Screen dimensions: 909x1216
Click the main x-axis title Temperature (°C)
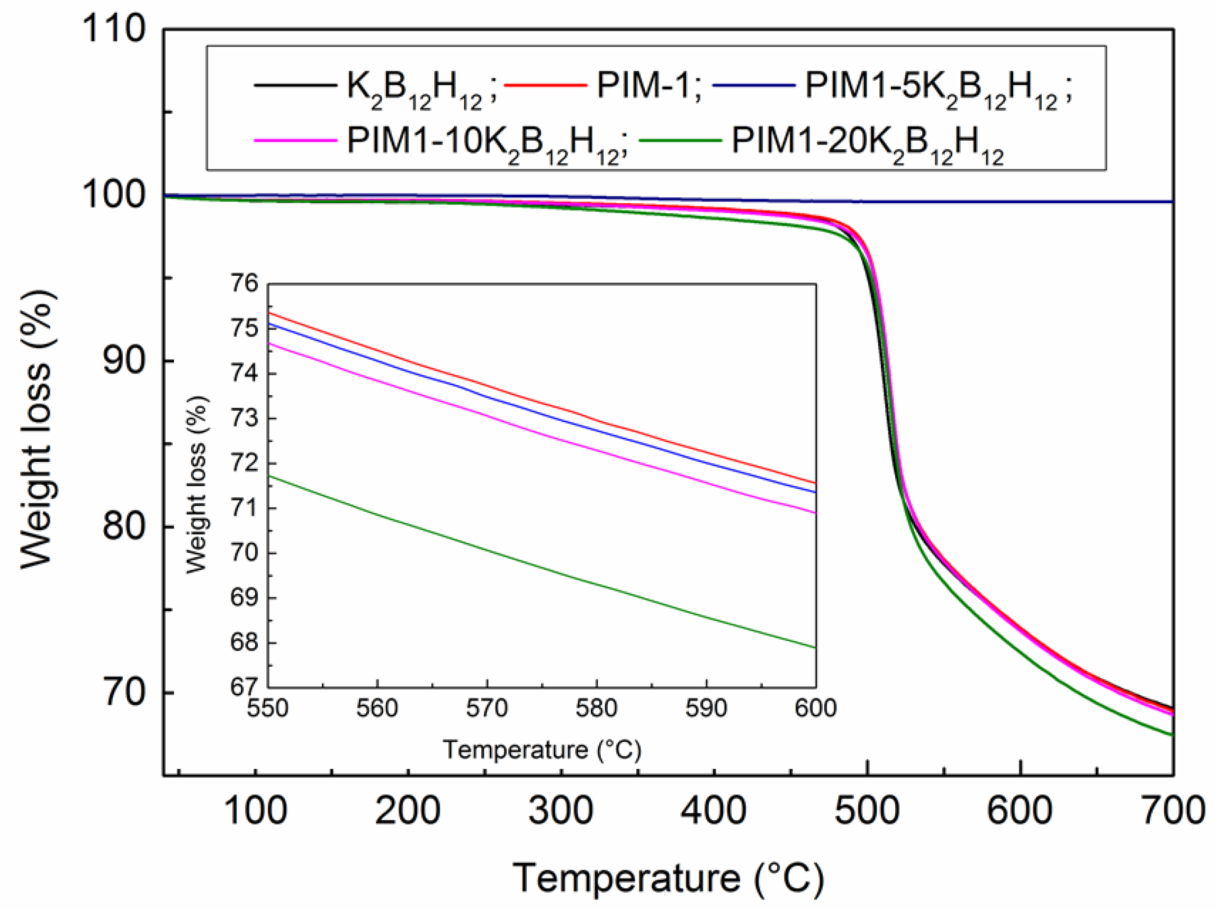(x=668, y=878)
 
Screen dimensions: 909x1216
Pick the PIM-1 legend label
(x=649, y=86)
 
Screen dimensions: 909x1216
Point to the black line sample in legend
(x=295, y=86)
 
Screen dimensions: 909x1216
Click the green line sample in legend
(x=681, y=141)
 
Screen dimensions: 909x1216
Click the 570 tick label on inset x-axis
(x=487, y=708)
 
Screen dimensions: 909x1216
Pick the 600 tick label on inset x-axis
(x=815, y=708)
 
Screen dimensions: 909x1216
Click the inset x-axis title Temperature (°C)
(x=542, y=750)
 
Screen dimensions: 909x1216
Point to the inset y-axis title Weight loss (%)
(x=197, y=485)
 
